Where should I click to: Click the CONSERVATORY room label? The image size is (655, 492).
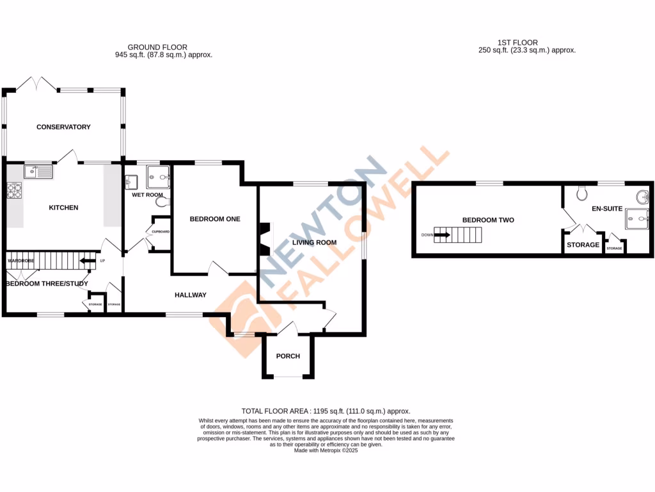pos(63,127)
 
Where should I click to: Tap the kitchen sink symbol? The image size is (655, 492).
pos(39,171)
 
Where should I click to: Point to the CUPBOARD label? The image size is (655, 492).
pos(160,231)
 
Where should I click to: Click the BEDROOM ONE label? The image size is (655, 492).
pos(215,219)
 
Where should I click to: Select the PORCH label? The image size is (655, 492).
pos(288,356)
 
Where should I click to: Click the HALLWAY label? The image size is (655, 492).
pos(191,295)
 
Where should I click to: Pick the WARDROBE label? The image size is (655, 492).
pos(20,261)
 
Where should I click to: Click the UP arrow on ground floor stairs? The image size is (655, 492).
pos(87,261)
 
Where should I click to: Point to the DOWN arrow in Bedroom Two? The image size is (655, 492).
pos(441,234)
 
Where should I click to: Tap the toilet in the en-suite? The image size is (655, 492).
pos(581,192)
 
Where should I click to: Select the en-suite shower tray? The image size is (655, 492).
pos(637,218)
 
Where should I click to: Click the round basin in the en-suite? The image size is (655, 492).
pos(642,196)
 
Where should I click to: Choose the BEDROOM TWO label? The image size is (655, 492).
pos(488,220)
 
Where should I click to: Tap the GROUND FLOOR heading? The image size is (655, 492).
pos(157,47)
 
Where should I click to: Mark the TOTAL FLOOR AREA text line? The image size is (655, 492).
pos(326,411)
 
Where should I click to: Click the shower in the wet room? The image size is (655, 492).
pos(157,176)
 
